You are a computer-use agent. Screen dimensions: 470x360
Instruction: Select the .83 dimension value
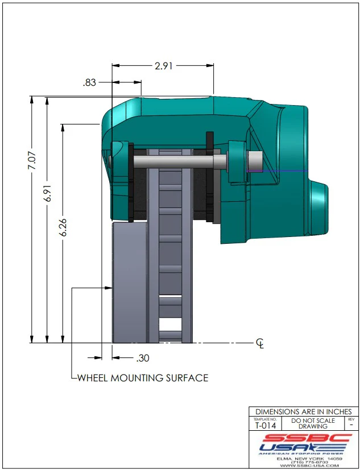(89, 82)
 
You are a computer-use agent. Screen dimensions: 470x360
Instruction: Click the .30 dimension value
(142, 358)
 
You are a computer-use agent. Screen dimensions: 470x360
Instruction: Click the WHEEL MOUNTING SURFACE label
(142, 378)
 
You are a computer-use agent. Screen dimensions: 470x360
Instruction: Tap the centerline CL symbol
(260, 343)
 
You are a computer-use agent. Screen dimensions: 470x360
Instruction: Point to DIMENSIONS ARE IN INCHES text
(304, 411)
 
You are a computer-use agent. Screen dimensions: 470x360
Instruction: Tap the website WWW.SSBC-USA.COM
(304, 466)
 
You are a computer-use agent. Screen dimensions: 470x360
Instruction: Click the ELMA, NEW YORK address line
(304, 458)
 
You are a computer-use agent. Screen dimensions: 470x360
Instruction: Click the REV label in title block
(350, 419)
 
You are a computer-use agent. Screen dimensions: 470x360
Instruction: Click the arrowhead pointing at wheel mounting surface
(108, 288)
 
